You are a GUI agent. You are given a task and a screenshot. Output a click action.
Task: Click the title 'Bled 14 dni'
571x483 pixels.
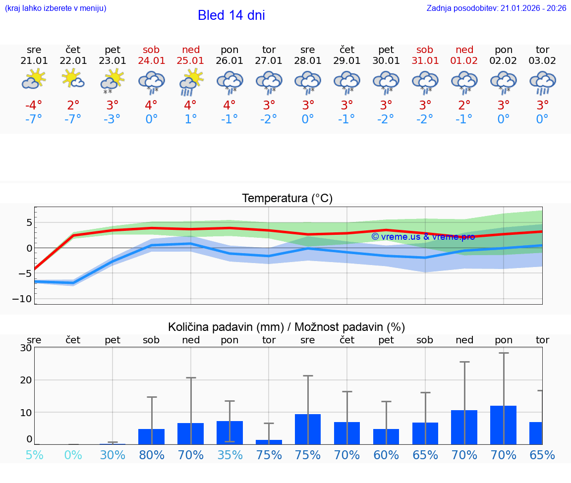coord(231,15)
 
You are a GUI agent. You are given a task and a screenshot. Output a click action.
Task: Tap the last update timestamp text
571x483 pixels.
coord(496,8)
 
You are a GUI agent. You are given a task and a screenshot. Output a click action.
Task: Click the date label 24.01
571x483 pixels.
coord(152,60)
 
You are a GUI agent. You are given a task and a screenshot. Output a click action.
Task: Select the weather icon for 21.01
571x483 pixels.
coord(34,80)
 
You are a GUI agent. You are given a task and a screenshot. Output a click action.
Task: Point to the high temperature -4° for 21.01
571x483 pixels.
coord(34,106)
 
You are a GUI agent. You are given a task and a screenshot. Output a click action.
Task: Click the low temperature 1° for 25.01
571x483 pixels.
coord(191,119)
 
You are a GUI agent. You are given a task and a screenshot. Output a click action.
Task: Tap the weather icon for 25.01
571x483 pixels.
coord(191,82)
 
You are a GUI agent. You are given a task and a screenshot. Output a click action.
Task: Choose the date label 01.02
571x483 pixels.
coord(464,60)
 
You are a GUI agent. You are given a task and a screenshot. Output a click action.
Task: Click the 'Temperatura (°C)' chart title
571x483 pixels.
coord(287,199)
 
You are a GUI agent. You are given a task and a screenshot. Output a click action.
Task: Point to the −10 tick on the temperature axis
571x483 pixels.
coord(22,299)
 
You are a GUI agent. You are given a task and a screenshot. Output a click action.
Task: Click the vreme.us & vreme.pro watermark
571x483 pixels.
coord(423,237)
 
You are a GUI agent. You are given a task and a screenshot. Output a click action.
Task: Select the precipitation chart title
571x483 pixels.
coord(286,327)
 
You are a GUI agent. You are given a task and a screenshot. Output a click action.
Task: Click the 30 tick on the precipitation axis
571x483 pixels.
coord(26,348)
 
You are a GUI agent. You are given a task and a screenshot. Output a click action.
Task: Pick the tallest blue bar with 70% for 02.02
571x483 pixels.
coord(503,425)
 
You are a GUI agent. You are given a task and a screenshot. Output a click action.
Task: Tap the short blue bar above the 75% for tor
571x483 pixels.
coord(269,442)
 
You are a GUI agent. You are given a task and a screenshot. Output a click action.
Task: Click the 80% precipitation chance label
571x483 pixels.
coord(152,455)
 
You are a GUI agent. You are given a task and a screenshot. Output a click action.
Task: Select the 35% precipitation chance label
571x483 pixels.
coord(229,455)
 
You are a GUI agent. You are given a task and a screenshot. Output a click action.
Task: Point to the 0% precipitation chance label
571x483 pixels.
coord(73,455)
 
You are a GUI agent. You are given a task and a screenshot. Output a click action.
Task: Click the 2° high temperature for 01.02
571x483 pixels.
coord(464,106)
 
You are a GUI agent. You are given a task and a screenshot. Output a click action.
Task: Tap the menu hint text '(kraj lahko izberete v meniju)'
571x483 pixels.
coord(56,8)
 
